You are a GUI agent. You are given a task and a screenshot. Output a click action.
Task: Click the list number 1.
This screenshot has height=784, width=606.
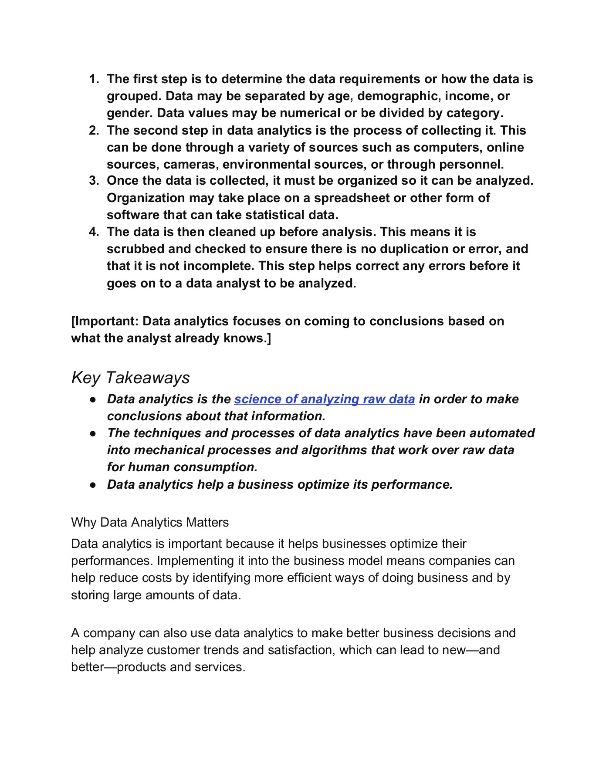coord(94,79)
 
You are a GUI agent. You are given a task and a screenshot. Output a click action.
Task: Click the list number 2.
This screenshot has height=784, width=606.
coord(94,131)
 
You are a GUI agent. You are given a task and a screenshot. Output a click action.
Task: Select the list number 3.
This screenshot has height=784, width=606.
coord(94,181)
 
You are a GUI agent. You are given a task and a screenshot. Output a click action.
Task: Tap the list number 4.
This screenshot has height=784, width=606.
coord(94,232)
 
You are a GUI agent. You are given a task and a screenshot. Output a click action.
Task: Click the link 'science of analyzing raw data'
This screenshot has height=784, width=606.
coord(324,399)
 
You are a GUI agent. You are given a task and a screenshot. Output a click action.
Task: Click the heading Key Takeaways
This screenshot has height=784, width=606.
coord(130,378)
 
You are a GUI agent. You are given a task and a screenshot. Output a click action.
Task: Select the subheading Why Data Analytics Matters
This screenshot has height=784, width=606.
coord(149,522)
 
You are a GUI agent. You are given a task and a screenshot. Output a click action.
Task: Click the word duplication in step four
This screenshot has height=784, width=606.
coord(416,249)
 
